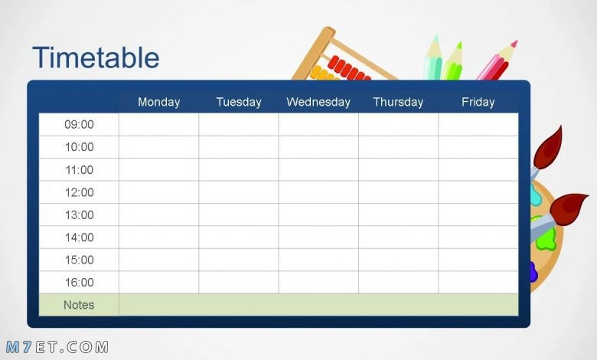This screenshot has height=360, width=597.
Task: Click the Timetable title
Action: (96, 57)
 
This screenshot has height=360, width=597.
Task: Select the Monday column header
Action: (158, 102)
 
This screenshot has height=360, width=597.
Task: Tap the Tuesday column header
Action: (239, 102)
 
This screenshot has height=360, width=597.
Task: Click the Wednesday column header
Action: (318, 102)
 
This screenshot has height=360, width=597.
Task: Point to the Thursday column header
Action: (398, 102)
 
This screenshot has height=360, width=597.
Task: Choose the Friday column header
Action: (478, 102)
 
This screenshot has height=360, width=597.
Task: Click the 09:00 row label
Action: (79, 125)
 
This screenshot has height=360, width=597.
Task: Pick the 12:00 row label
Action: (79, 192)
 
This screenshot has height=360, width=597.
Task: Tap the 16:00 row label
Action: (79, 283)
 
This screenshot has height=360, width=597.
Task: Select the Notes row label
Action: (79, 305)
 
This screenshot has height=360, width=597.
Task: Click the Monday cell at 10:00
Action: (158, 147)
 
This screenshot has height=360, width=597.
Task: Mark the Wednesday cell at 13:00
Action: (318, 215)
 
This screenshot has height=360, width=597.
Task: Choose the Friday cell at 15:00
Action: (478, 260)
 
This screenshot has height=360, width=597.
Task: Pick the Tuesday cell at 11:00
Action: (239, 169)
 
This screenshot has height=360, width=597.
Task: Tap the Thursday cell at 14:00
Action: (398, 237)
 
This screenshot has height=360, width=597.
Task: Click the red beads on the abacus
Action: (348, 69)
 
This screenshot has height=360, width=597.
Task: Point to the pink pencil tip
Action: (514, 44)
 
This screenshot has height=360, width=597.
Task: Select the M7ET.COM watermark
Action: (57, 347)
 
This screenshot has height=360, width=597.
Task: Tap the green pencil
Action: (453, 63)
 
